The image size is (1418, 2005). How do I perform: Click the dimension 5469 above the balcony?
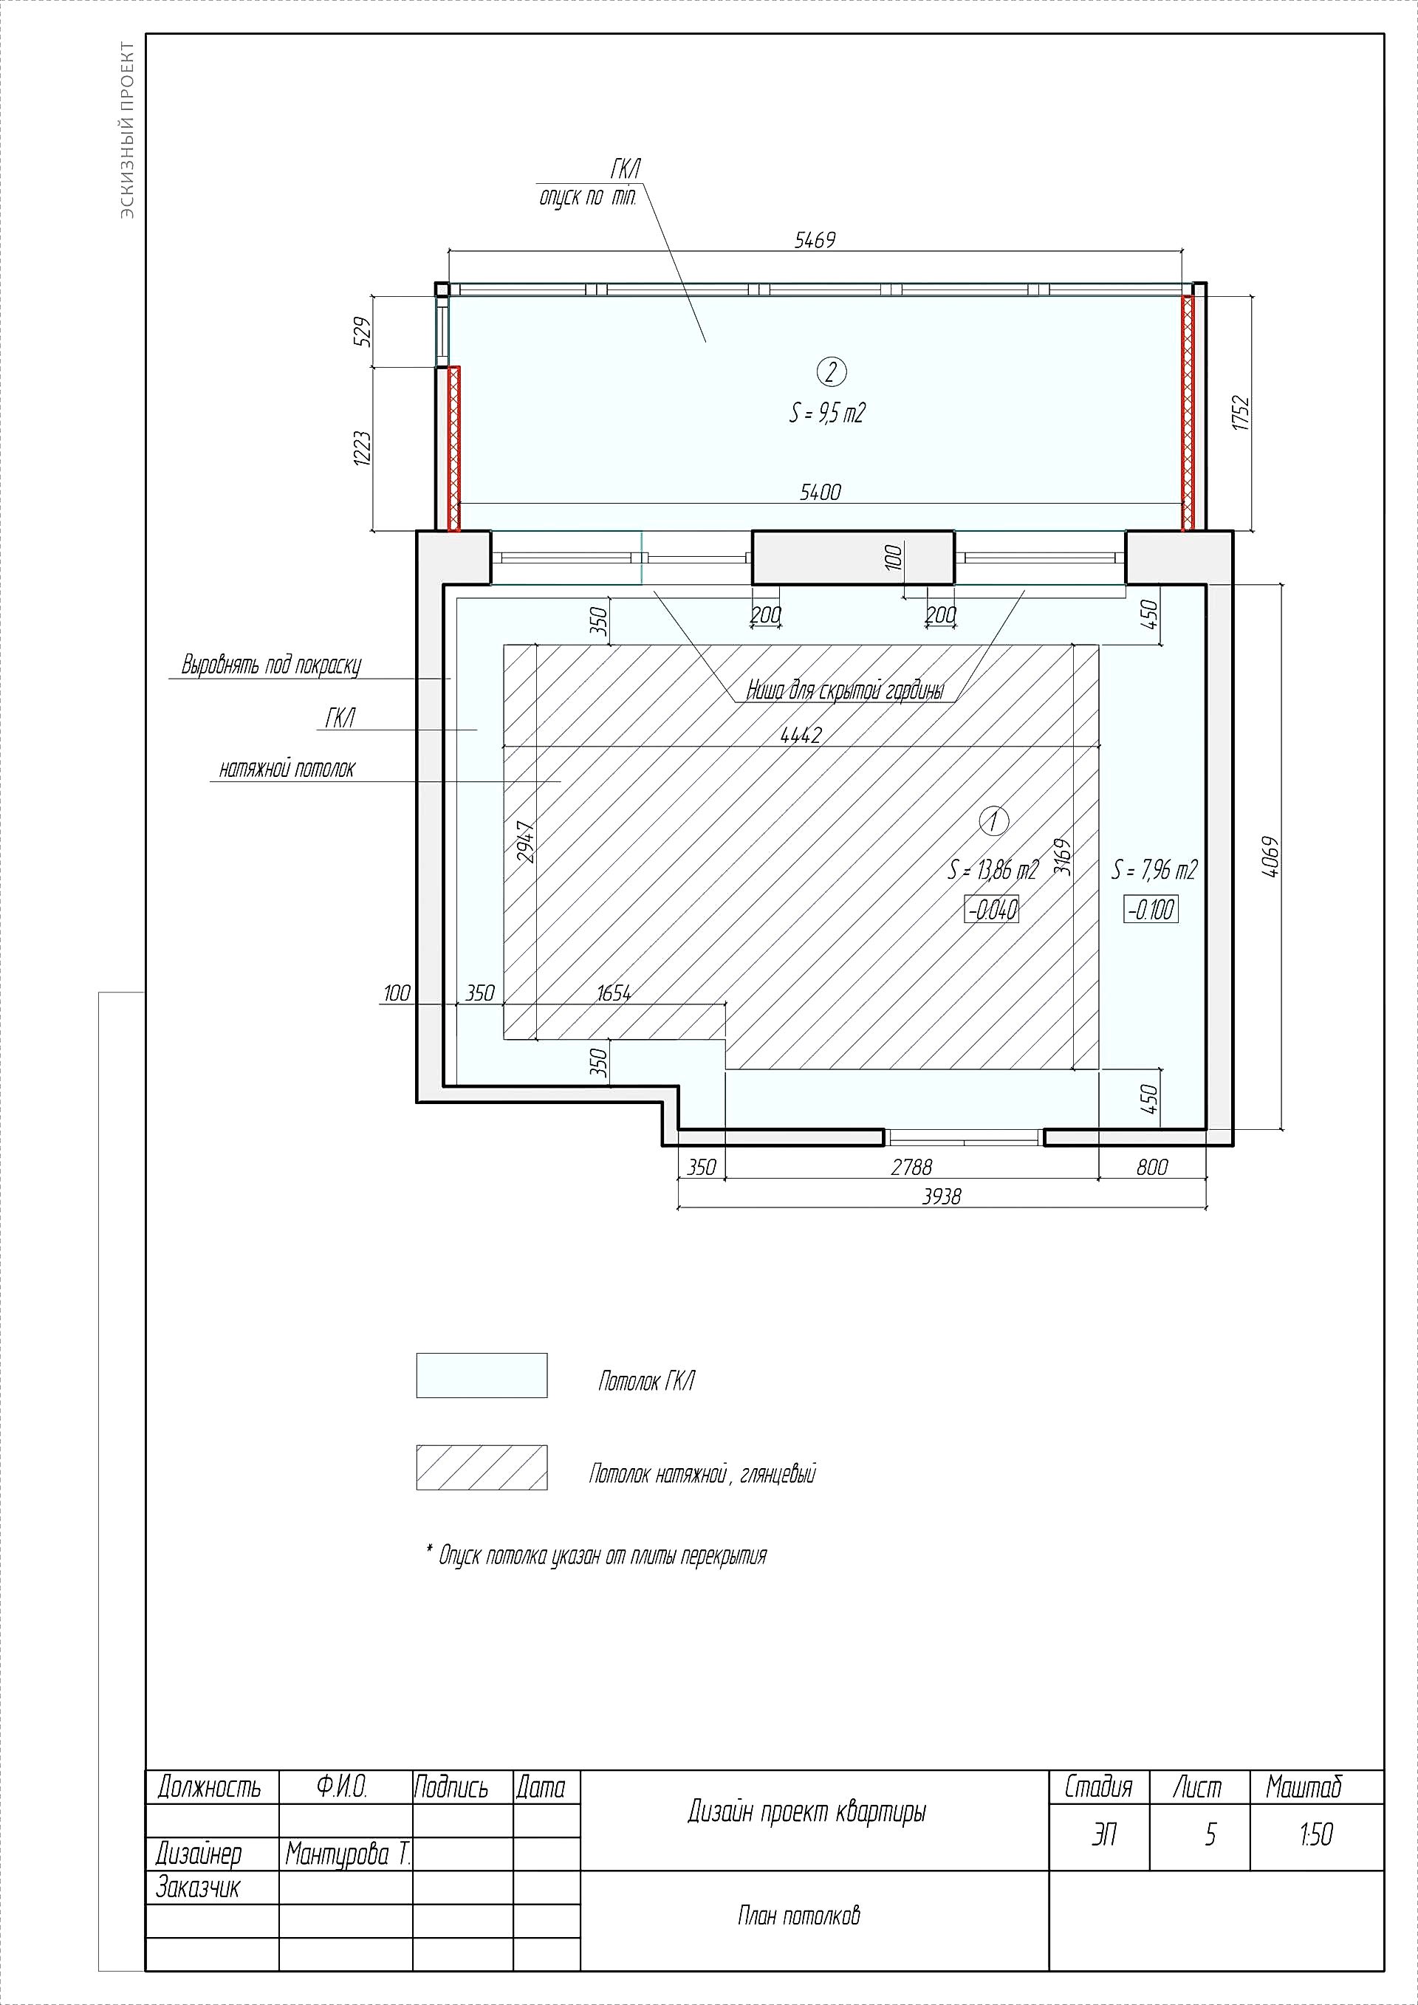pos(815,240)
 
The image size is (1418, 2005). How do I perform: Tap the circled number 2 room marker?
pos(830,372)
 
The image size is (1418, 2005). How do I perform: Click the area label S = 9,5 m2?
pos(827,413)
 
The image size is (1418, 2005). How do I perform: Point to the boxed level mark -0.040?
pos(992,909)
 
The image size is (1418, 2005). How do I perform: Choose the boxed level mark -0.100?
pos(1151,909)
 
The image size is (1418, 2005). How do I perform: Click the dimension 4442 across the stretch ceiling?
pos(801,736)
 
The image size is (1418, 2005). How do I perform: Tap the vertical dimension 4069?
pos(1270,857)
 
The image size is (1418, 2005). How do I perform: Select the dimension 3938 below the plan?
pos(941,1196)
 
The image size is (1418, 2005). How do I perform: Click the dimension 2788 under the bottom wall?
pos(911,1168)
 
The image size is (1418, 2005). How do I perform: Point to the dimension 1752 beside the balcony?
pos(1241,413)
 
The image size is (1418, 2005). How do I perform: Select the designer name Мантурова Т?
pos(348,1854)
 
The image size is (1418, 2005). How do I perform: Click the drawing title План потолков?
pos(798,1916)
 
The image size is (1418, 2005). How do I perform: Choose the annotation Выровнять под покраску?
pos(271,665)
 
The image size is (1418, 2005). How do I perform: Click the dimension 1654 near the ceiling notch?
pos(614,994)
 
